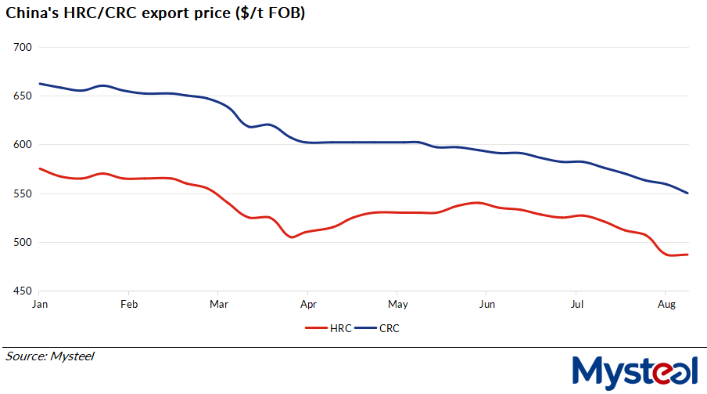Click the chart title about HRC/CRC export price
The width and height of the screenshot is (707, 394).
coord(156,14)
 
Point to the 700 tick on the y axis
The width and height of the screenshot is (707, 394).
coord(22,47)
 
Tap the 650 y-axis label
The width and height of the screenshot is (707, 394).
coord(22,96)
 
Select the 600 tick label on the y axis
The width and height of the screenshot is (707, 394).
coord(22,145)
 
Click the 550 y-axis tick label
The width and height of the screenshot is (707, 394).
coord(22,193)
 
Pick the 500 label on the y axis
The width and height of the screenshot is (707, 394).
coord(22,242)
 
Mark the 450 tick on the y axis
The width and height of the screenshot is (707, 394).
coord(22,291)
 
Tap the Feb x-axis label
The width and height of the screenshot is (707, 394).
coord(130,304)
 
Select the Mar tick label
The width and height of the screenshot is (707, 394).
coord(219,304)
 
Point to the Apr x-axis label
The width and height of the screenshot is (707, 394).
coord(308,304)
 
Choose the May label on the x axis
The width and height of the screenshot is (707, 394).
coord(398,304)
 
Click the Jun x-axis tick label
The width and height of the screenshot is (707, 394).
coord(487,304)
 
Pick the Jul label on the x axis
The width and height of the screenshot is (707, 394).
coord(576,304)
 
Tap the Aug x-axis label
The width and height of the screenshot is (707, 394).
coord(666,304)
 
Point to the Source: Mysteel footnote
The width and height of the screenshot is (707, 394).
coord(50,356)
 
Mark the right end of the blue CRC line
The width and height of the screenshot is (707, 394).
coord(687,193)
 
